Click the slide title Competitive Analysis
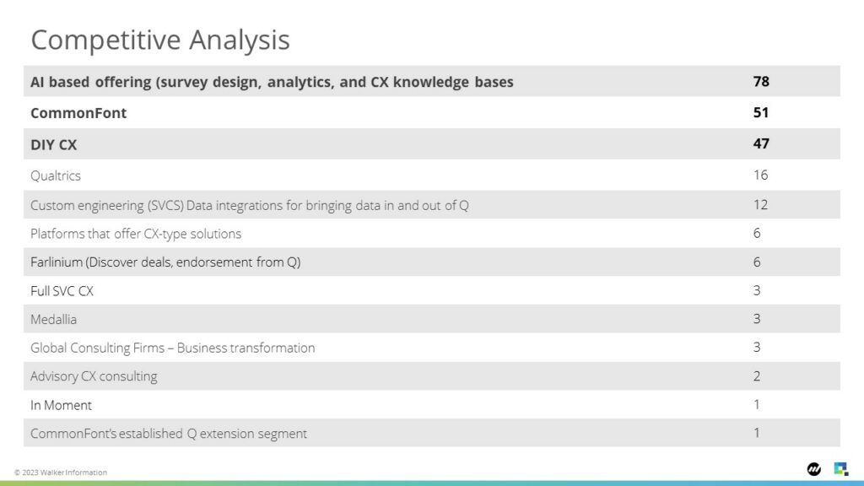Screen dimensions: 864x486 pos(159,40)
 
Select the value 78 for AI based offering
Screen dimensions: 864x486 pos(761,82)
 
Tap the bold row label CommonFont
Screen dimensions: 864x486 pos(78,113)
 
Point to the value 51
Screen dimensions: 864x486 pos(761,112)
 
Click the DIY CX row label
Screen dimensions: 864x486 pos(53,145)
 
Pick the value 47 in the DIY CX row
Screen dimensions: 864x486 pos(761,143)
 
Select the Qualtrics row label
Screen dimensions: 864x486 pos(56,175)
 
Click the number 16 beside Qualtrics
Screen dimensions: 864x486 pos(760,175)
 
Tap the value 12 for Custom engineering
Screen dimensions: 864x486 pos(760,205)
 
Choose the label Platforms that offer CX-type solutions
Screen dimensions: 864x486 pos(136,234)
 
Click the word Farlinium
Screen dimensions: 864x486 pos(57,262)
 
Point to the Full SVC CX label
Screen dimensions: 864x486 pos(62,291)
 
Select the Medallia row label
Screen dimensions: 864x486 pos(53,320)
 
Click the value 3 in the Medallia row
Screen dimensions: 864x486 pos(757,319)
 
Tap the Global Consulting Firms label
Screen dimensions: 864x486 pos(98,348)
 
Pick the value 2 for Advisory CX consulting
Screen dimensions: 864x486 pos(757,376)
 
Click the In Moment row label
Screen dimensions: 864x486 pos(61,406)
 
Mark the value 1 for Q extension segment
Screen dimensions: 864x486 pos(757,433)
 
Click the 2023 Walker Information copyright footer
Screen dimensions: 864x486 pos(61,472)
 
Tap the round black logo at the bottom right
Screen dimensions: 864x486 pos(814,469)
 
